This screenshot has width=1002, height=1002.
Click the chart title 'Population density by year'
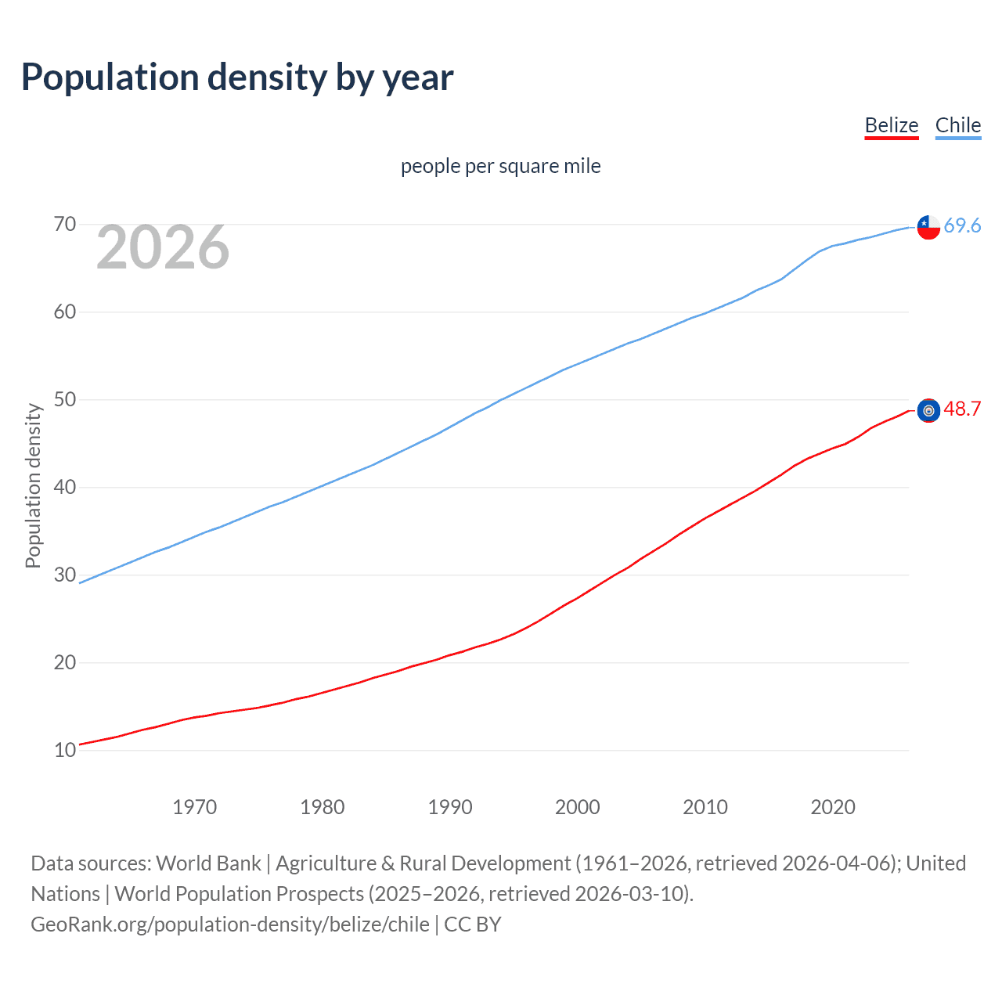[x=237, y=77]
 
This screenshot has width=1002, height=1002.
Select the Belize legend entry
[x=891, y=125]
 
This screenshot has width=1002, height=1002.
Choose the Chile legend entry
[x=957, y=125]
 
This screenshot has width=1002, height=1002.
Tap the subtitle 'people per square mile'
[x=500, y=166]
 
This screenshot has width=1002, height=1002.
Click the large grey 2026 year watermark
[x=163, y=247]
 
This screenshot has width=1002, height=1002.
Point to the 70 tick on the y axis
[x=65, y=225]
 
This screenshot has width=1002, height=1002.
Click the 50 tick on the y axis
[x=65, y=400]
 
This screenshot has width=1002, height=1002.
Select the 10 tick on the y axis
[x=65, y=750]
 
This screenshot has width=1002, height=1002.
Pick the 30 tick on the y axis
[x=65, y=575]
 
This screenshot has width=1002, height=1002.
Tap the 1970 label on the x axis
[x=194, y=807]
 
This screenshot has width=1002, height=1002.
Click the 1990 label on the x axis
[x=450, y=807]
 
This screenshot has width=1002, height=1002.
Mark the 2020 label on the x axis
[x=833, y=807]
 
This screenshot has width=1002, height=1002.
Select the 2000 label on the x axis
[x=578, y=807]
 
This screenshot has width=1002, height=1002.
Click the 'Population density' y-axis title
[x=33, y=485]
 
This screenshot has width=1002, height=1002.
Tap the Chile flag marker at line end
[x=928, y=226]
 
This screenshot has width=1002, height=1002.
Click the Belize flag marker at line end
[x=928, y=410]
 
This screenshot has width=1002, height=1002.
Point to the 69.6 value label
[x=962, y=225]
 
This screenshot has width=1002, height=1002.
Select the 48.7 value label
[x=962, y=409]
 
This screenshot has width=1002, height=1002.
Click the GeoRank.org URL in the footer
[x=230, y=925]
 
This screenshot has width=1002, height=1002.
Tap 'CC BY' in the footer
[x=473, y=925]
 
